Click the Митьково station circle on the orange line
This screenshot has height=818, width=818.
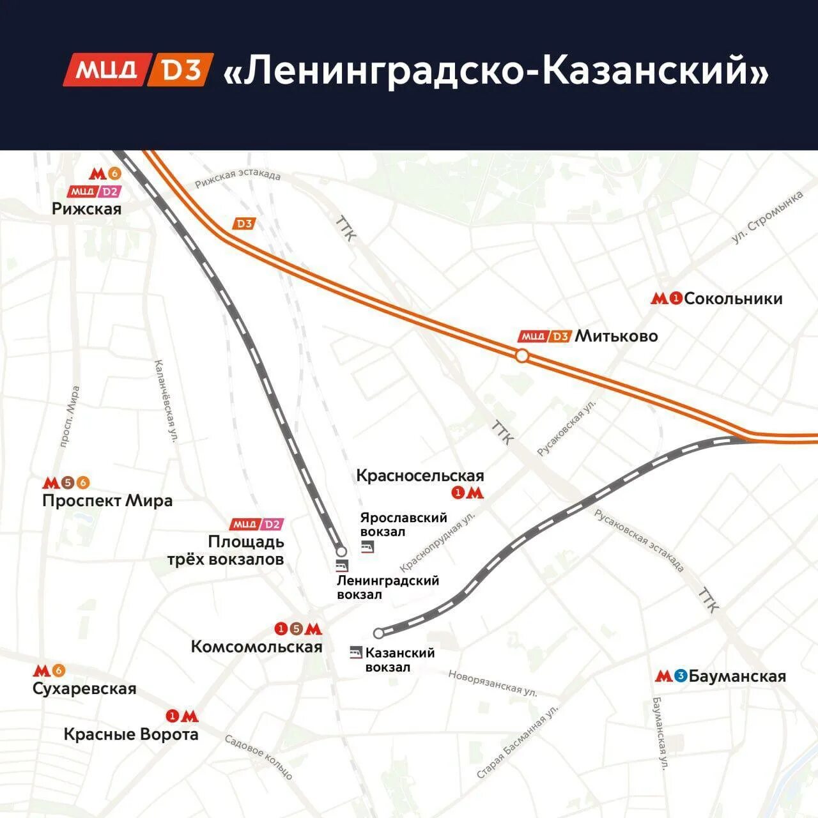[522, 356]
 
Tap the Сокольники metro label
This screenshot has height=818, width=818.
[732, 298]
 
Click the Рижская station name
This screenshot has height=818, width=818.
[87, 209]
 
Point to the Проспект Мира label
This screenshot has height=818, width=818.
[107, 500]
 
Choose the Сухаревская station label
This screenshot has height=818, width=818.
[84, 688]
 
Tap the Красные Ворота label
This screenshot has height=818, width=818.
[131, 734]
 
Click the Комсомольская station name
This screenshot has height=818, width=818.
[256, 647]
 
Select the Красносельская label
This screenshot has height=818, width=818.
[420, 475]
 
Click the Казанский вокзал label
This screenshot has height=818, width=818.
[399, 660]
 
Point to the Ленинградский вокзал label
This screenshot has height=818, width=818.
[387, 587]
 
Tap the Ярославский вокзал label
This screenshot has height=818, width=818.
[403, 525]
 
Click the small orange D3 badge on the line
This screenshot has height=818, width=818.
[244, 224]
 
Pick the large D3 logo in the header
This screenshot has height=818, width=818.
[181, 70]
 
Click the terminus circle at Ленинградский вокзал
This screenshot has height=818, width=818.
[341, 551]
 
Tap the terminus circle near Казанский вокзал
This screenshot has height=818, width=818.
[378, 633]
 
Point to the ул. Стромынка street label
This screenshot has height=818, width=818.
[768, 217]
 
